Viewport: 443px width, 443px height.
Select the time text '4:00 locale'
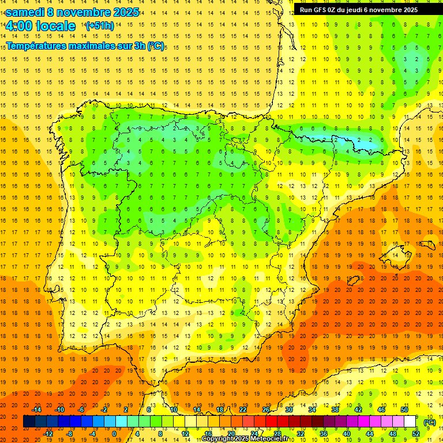point(40,26)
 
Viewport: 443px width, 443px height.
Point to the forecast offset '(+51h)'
point(100,26)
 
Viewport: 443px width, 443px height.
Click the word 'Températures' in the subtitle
point(39,45)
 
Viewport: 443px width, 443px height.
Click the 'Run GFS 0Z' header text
point(320,10)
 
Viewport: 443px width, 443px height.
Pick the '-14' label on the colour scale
point(37,410)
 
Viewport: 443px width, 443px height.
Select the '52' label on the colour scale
point(416,434)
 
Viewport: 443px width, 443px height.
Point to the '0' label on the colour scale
point(114,434)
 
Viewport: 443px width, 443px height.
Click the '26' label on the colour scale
point(266,410)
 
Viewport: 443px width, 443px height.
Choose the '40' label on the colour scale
point(347,434)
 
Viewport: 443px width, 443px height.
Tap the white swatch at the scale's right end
point(410,422)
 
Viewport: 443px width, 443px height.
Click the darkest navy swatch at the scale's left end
point(29,422)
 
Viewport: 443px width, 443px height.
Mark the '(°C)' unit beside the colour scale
point(429,422)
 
